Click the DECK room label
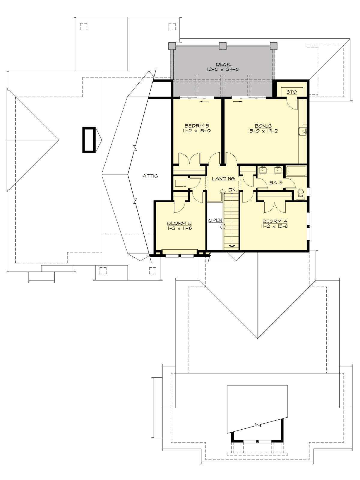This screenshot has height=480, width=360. pos(223,64)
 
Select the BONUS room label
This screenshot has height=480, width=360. pos(263,126)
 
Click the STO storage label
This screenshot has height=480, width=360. pos(292,92)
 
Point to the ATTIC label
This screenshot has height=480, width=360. pos(150,176)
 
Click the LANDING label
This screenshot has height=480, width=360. pos(223,178)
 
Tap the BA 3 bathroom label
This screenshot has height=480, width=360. pos(276,182)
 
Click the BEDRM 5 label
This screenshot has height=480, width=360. pos(179,223)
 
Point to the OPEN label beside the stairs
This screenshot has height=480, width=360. pos(215,220)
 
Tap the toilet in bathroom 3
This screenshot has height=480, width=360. pos(300,194)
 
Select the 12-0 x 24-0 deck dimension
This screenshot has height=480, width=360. pos(223,69)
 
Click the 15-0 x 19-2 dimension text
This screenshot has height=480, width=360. pos(263,131)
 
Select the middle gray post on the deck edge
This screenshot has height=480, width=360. pos(222,46)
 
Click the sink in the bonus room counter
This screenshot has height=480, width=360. pos(303,131)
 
